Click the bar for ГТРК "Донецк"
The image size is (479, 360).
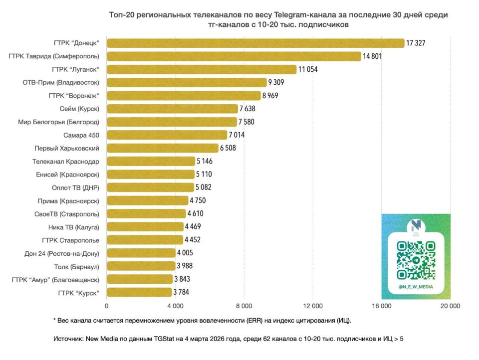(x=255, y=43)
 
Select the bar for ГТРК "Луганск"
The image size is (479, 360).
(x=202, y=69)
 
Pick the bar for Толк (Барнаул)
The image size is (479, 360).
(x=141, y=266)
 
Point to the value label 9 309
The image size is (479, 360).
(x=278, y=82)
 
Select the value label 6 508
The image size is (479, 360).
(x=230, y=148)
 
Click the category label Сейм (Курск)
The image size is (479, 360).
(x=79, y=109)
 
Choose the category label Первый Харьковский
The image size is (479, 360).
(x=67, y=148)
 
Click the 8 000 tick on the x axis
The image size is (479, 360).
(x=244, y=306)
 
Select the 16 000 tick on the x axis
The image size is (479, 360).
(x=382, y=306)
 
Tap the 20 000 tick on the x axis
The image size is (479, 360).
(x=450, y=306)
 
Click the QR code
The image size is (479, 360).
(x=416, y=260)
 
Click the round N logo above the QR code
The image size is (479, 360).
(x=416, y=224)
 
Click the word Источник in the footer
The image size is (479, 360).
(x=69, y=339)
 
